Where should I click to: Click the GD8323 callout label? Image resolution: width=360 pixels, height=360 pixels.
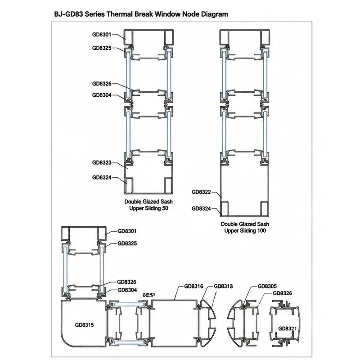(102, 163)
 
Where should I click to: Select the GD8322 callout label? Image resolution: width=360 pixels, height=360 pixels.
(201, 192)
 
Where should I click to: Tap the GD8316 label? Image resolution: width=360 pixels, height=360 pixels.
(194, 286)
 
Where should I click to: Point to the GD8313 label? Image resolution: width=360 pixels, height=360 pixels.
(223, 286)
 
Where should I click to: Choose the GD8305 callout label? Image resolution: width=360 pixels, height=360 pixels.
(267, 286)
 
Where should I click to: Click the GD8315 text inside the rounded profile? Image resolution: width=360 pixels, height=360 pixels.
(84, 325)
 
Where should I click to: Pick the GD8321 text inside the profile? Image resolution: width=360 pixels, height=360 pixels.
(288, 328)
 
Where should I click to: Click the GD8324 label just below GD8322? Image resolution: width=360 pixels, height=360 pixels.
(201, 209)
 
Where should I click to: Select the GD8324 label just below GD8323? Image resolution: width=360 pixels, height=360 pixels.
(102, 178)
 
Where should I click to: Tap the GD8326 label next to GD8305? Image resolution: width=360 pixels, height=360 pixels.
(283, 293)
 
